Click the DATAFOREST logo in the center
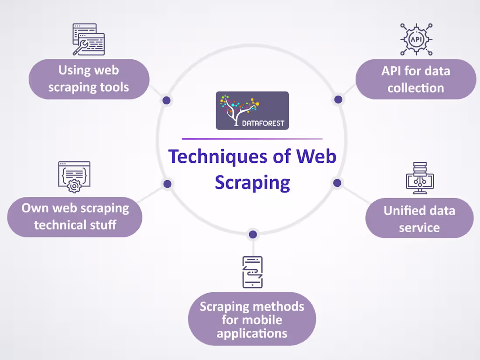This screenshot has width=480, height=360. [252, 110]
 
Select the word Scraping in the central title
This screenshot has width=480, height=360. [252, 182]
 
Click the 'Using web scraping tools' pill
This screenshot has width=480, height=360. [89, 79]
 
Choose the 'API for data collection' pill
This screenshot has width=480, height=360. [415, 79]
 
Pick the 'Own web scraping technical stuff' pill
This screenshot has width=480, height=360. [75, 217]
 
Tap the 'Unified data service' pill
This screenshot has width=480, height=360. [419, 219]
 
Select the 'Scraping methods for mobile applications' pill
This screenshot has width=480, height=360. [252, 320]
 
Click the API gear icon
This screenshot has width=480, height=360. [416, 39]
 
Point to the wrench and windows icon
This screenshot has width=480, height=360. [88, 39]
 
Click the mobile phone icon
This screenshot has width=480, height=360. [253, 272]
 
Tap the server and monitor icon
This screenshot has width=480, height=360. [419, 178]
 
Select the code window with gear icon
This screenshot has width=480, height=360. [74, 177]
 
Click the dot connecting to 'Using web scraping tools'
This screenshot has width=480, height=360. [166, 100]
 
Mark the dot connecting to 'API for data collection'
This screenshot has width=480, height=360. [338, 99]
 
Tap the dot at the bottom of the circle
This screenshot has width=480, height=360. [253, 235]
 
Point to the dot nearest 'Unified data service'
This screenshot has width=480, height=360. [337, 183]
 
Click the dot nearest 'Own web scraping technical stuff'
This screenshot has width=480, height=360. [167, 184]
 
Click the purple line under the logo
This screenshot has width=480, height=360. [252, 139]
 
